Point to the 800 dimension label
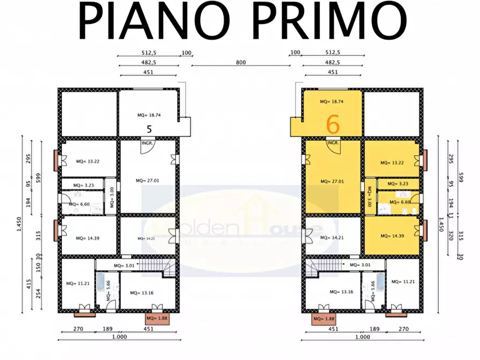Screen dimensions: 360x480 tap(240, 62)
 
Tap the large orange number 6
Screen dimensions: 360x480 tap(333, 124)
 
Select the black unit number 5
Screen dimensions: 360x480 tap(149, 129)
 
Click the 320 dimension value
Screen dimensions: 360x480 tap(451, 235)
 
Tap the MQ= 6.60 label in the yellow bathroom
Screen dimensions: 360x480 tap(400, 202)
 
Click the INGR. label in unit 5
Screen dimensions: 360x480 tap(148, 143)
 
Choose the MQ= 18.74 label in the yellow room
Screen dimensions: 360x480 tap(331, 101)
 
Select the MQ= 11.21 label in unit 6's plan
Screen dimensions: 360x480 tap(403, 282)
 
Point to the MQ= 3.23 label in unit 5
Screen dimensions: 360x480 tap(86, 185)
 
